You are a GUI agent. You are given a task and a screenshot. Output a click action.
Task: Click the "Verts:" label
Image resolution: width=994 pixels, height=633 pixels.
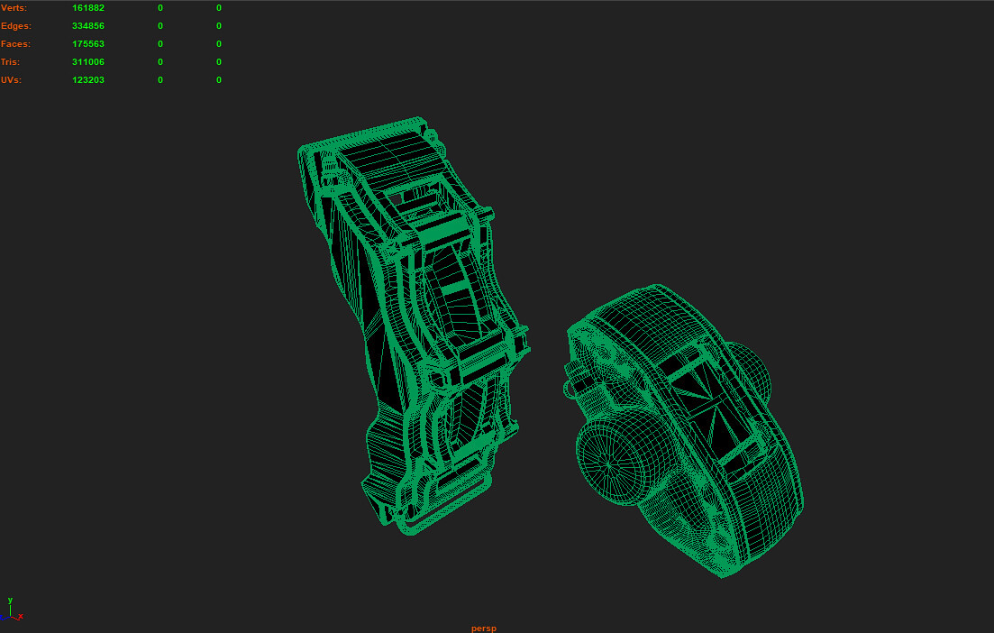[14, 8]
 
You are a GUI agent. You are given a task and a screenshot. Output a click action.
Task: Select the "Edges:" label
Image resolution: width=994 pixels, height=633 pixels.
[16, 26]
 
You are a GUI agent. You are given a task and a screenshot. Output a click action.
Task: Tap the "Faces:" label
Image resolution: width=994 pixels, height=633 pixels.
[16, 44]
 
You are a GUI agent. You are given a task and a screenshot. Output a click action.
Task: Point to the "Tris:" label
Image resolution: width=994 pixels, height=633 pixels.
[11, 62]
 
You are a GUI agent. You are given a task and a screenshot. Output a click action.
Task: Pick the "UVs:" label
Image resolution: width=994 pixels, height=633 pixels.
[12, 80]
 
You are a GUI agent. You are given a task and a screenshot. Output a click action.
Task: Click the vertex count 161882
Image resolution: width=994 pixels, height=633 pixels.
[88, 8]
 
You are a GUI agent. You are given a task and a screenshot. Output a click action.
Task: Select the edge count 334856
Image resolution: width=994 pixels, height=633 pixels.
[88, 26]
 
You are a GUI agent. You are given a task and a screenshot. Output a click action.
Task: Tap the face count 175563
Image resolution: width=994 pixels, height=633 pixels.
[88, 44]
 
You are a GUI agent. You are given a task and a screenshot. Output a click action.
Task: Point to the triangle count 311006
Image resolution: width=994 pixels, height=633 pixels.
[88, 62]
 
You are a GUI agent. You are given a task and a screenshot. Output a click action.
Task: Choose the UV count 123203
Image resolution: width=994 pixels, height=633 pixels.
[88, 80]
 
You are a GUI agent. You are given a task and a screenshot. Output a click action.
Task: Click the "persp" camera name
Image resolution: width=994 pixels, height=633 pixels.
[484, 628]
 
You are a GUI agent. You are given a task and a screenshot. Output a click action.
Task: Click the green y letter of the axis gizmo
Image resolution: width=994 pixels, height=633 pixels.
[10, 600]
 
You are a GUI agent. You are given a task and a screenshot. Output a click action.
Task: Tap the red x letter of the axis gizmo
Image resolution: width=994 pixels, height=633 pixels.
[21, 617]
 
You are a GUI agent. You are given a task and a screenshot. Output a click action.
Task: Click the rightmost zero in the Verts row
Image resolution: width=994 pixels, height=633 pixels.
[219, 8]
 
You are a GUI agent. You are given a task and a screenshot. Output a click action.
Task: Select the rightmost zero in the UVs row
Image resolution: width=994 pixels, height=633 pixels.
[219, 80]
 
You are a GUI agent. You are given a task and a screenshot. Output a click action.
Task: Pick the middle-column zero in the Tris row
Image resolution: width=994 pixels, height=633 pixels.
[160, 62]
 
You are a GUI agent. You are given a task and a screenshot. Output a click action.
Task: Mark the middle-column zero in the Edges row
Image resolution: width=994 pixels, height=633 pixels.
[160, 26]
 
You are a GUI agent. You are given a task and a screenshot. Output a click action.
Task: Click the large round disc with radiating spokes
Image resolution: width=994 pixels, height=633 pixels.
[610, 463]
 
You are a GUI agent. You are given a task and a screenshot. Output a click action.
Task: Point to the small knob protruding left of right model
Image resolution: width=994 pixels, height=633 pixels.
[570, 388]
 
